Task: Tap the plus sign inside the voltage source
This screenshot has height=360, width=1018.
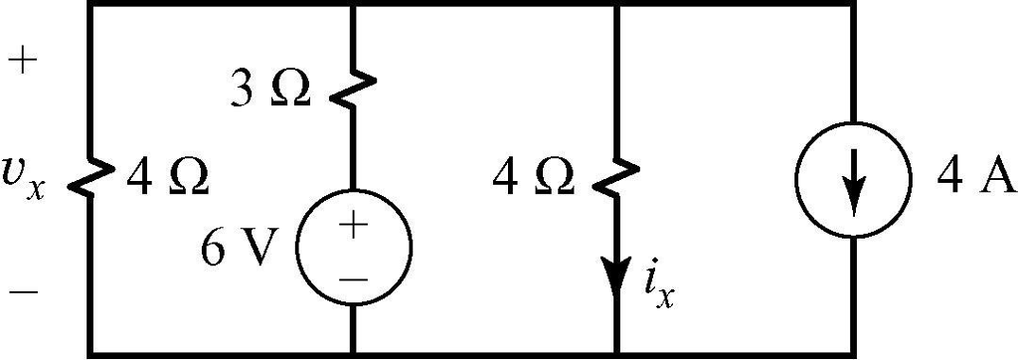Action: [354, 226]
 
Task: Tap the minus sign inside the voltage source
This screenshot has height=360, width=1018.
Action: [354, 277]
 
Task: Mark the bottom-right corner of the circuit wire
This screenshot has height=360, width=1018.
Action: [852, 353]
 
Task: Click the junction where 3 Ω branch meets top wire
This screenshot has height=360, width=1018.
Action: [354, 5]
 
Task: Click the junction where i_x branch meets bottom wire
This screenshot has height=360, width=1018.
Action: [617, 353]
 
